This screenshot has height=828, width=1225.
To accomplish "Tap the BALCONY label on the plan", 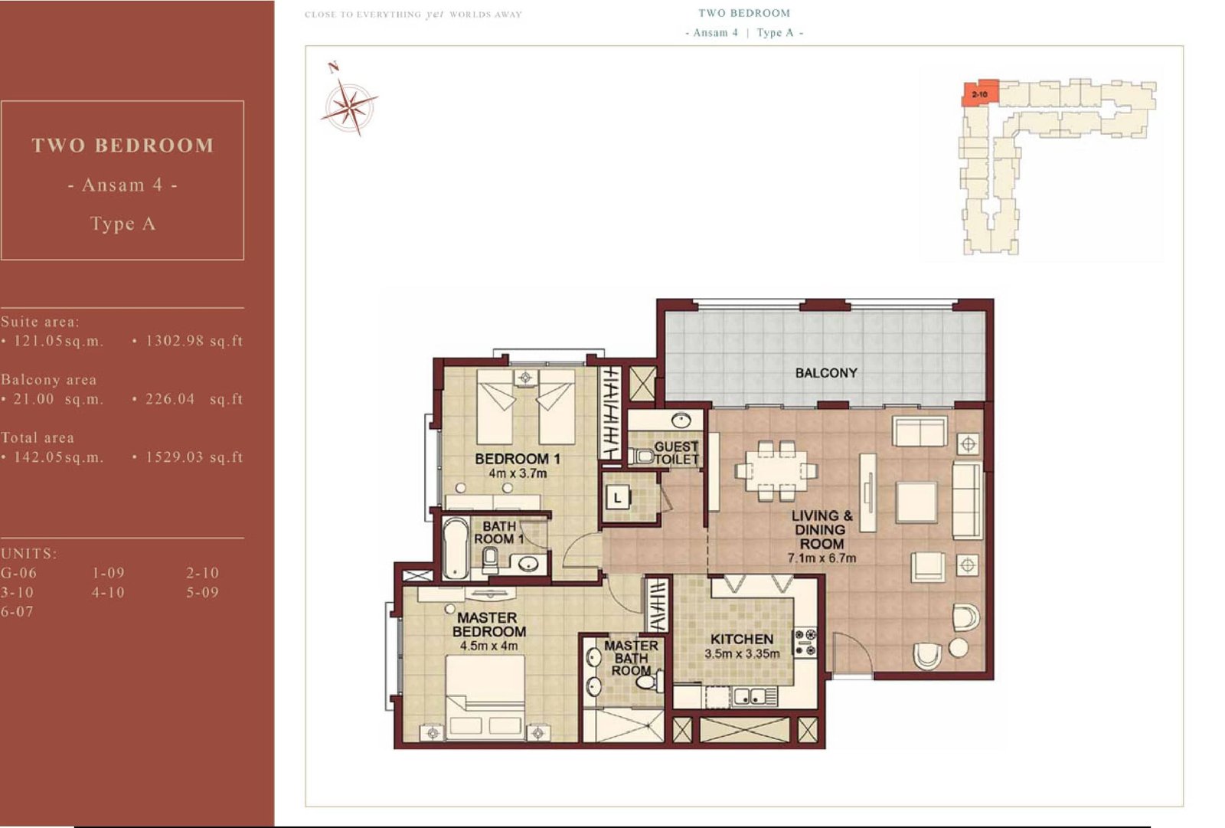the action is [826, 373].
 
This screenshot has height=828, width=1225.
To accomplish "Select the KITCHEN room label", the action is [742, 640].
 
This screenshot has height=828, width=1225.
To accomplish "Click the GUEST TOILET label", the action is [676, 453].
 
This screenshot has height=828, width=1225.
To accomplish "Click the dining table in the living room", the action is [776, 470].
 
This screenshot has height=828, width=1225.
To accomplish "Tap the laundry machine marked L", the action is [618, 498].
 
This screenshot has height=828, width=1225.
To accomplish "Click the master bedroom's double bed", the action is [485, 698].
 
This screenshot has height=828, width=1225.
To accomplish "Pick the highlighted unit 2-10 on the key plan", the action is [980, 93].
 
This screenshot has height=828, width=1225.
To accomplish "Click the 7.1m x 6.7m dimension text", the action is [822, 558].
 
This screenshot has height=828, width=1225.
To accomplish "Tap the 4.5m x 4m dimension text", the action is [488, 646].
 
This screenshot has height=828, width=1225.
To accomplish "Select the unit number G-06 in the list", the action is [18, 573].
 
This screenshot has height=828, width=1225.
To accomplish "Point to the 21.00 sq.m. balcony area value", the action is [58, 399].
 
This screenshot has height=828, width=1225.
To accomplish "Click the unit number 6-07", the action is [17, 611].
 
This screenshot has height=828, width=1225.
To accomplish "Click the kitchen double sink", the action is [750, 696].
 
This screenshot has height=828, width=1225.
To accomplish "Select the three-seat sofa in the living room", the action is [968, 500].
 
